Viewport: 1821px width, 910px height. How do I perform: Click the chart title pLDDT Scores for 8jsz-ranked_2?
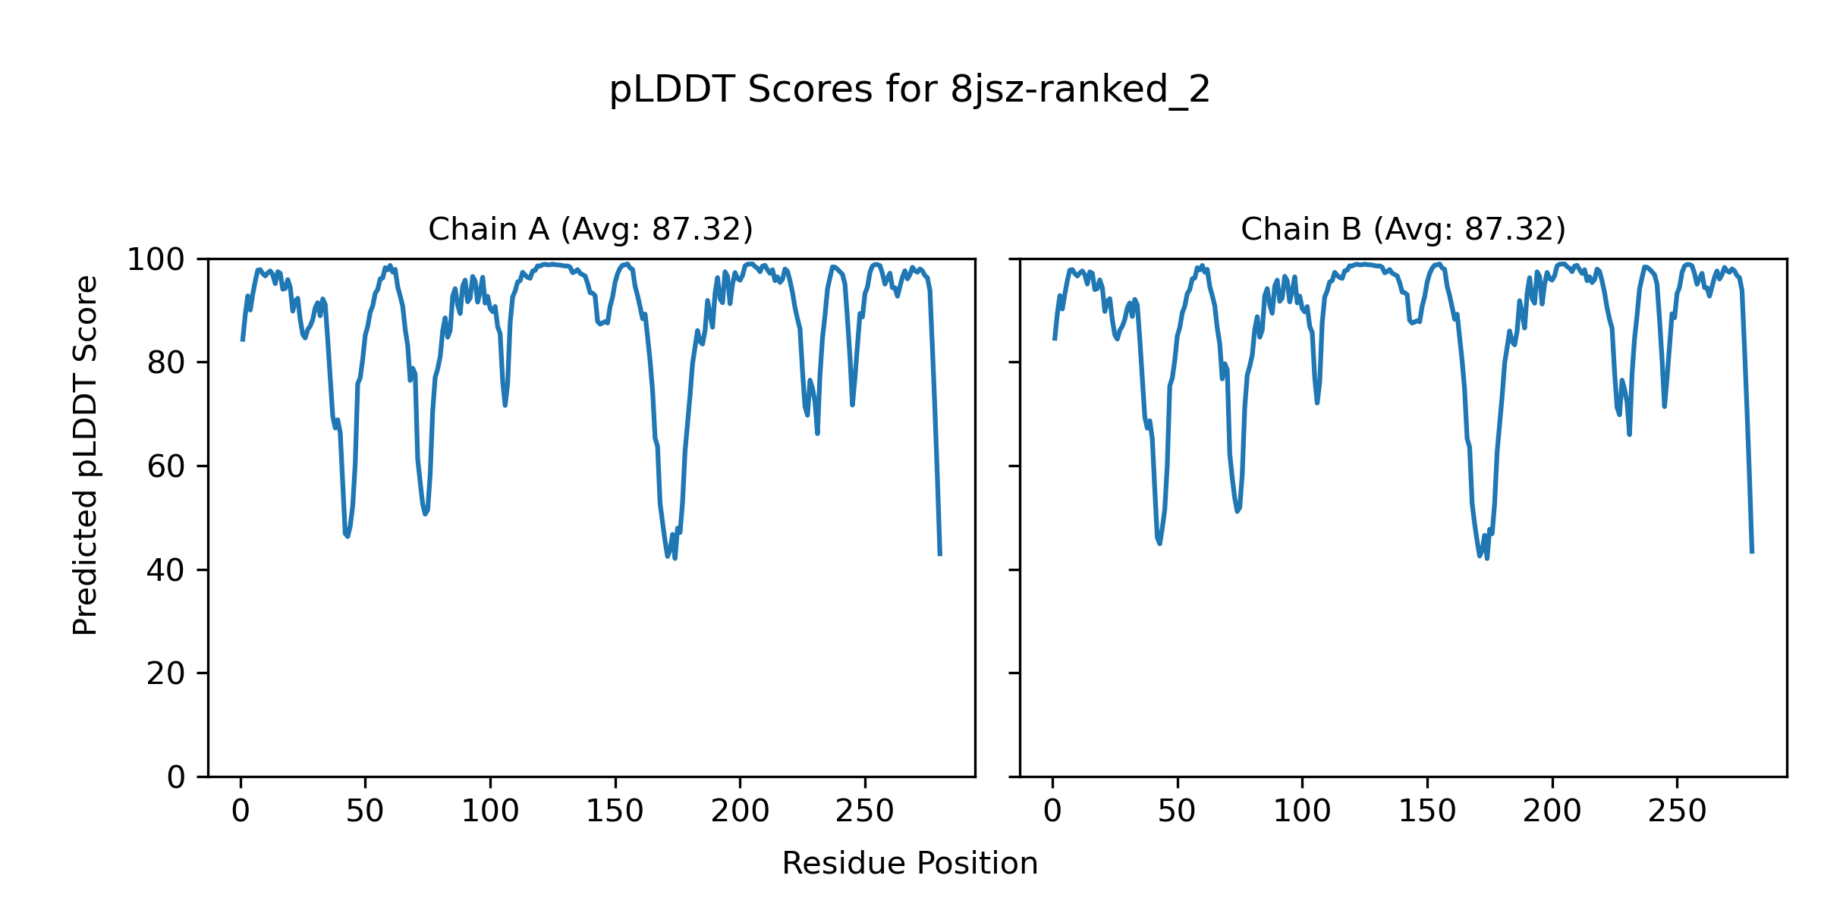(x=909, y=90)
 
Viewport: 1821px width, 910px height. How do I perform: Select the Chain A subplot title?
(x=590, y=229)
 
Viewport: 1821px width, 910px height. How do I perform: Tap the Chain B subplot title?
(x=1403, y=229)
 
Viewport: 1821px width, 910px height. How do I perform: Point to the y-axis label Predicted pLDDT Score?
(x=85, y=455)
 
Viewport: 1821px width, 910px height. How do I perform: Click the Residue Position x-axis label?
(x=909, y=864)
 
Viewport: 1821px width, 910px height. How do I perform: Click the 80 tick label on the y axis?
(x=166, y=363)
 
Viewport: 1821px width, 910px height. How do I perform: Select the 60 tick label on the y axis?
(x=166, y=466)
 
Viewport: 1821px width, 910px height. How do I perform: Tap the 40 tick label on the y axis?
(x=166, y=570)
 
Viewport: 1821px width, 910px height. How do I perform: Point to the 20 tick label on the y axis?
(x=166, y=673)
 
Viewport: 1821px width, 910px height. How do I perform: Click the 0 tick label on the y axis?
(x=176, y=777)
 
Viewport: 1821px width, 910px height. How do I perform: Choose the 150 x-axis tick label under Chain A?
(x=615, y=812)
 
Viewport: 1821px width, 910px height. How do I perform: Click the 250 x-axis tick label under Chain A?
(x=864, y=812)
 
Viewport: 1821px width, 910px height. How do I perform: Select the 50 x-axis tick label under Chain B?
(x=1177, y=812)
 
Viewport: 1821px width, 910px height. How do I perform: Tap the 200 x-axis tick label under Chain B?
(x=1552, y=812)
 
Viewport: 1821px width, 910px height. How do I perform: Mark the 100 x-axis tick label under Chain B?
(x=1301, y=812)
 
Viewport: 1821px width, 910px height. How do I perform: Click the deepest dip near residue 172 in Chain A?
(x=675, y=558)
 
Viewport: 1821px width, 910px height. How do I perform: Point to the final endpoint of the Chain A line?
(x=940, y=555)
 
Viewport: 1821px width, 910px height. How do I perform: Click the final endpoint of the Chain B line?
(x=1752, y=552)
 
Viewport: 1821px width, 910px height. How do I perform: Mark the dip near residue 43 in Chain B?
(x=1159, y=543)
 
